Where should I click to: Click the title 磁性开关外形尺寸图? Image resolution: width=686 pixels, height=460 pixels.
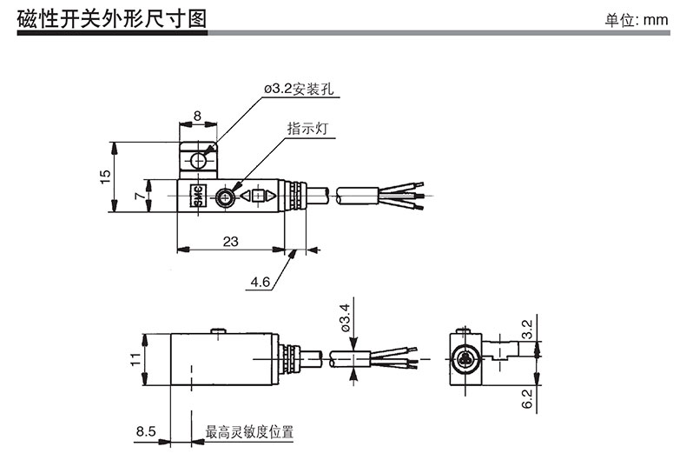(x=111, y=19)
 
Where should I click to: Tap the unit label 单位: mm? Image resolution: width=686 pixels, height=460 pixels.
(x=637, y=20)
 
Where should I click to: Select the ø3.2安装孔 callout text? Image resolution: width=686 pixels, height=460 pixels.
(x=299, y=89)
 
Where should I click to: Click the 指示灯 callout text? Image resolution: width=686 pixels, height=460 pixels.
(x=307, y=129)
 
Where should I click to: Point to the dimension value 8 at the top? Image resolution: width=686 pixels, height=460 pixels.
(x=197, y=116)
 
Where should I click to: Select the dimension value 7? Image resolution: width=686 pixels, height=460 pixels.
(x=140, y=195)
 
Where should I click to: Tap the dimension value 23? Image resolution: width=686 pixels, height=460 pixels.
(x=231, y=242)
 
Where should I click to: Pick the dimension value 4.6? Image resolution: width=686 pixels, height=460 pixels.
(x=261, y=282)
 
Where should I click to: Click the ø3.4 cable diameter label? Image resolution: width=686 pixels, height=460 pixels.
(x=345, y=317)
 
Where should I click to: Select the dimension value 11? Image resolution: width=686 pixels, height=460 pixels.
(x=135, y=359)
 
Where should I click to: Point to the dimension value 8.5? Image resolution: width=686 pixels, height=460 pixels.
(x=146, y=431)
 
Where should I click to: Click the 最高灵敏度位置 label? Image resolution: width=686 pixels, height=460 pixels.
(x=249, y=432)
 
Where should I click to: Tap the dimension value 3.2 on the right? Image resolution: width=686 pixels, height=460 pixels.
(x=527, y=329)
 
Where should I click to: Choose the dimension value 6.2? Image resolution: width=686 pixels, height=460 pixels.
(x=527, y=398)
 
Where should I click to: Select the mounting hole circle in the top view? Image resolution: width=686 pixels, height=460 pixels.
(x=198, y=162)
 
